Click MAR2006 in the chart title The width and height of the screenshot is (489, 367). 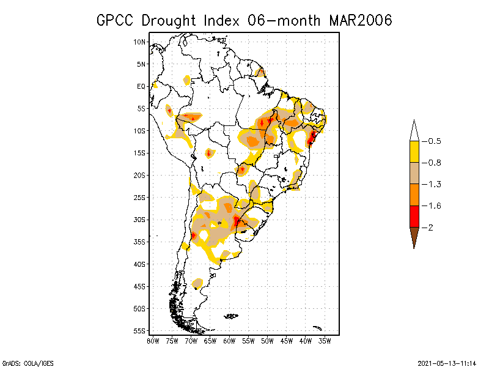click(360, 20)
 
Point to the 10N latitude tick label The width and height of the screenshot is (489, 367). click(140, 42)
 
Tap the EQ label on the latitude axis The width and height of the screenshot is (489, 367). click(141, 86)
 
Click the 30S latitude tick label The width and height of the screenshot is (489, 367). click(140, 220)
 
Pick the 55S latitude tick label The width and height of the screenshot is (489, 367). click(140, 331)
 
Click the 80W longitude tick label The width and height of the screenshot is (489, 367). click(153, 341)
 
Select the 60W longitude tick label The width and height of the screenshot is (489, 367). click(229, 341)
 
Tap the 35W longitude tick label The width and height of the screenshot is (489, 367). click(325, 341)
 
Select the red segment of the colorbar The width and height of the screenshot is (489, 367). click(414, 217)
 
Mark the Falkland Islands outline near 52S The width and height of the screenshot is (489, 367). click(231, 316)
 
